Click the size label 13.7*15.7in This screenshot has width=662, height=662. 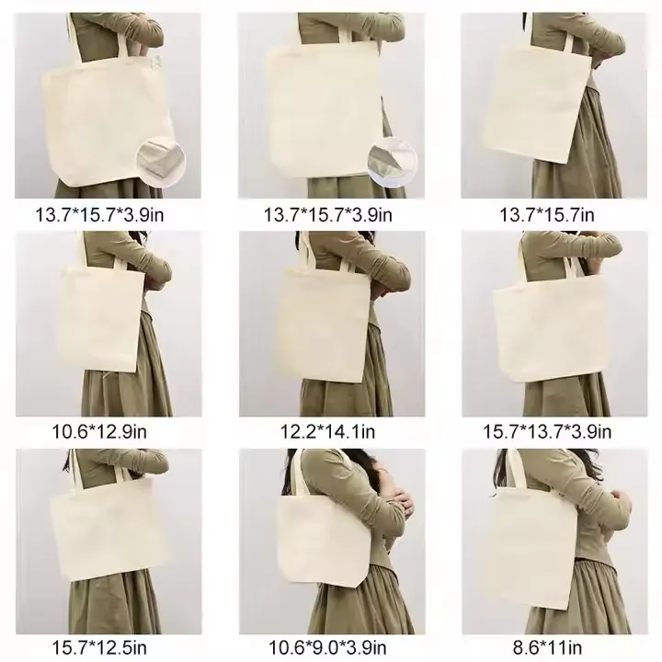[547, 215]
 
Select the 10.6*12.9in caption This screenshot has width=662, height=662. [99, 432]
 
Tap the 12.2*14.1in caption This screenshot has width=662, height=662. [327, 432]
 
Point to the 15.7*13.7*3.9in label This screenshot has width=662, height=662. [547, 432]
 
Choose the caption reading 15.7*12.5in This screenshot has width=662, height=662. [99, 647]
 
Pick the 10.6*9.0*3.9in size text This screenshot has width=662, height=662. [327, 647]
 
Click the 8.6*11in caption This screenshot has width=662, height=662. [547, 647]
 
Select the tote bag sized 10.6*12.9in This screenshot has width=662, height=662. [101, 319]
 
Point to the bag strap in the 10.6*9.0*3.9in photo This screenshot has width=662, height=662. [295, 473]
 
